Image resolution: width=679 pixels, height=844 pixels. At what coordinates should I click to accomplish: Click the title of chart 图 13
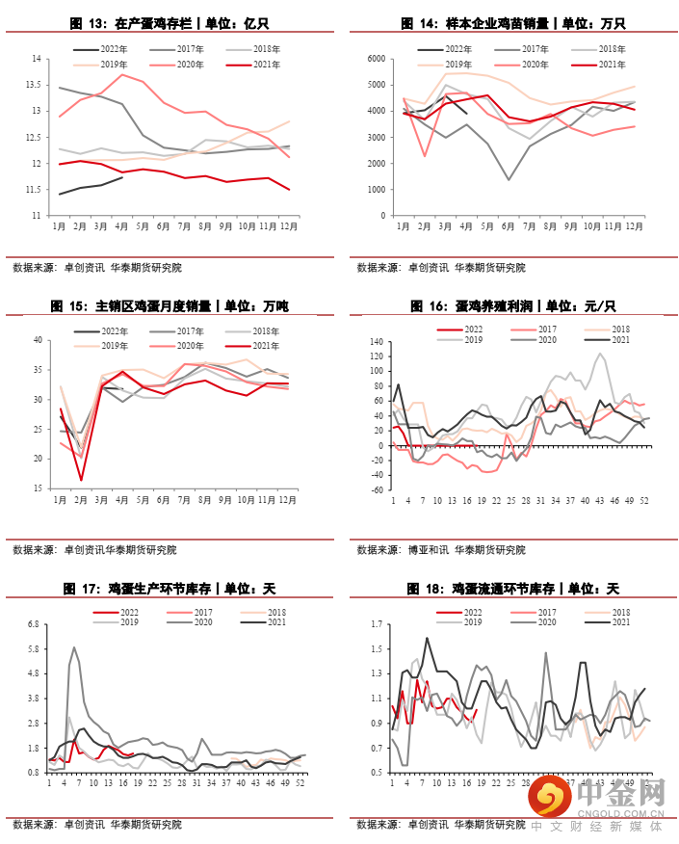coord(170,23)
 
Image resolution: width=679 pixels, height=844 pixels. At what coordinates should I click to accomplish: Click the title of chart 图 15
coord(170,306)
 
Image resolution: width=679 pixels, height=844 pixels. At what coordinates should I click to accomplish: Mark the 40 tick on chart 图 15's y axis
coord(38,340)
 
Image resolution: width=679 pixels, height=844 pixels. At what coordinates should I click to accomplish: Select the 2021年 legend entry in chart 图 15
coord(266,346)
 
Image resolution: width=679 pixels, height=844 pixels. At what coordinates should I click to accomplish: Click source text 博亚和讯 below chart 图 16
coord(427,550)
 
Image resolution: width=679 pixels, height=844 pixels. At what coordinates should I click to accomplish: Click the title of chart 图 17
coord(170,588)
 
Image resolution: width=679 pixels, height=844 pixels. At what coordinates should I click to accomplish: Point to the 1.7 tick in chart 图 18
coord(377,624)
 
